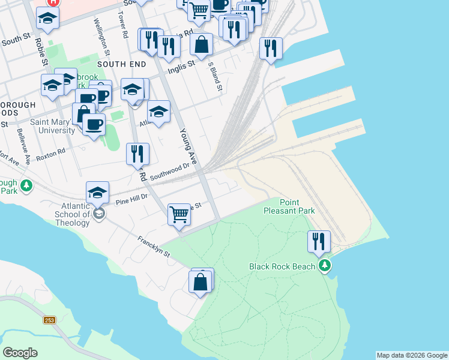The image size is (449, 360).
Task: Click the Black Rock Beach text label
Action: coord(282,266)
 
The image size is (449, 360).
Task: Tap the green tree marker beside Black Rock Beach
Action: coord(325,266)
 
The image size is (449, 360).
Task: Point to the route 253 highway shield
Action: coord(49,320)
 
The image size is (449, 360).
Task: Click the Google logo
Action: coord(20,353)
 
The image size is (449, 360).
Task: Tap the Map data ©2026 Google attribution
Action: coord(412,355)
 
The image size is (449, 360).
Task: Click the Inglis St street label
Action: coord(183,63)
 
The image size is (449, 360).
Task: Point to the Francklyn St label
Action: coord(154,247)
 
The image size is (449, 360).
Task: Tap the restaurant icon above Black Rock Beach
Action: coord(319,241)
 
